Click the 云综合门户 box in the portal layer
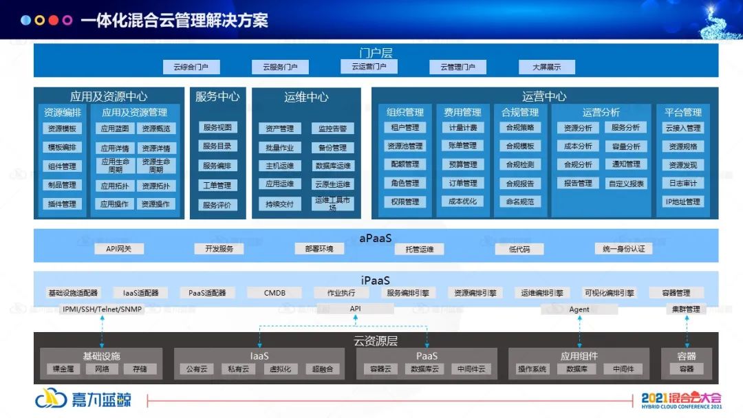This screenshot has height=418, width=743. coord(191,67)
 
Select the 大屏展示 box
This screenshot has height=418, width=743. coord(546,67)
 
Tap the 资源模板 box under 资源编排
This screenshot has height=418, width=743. coord(62,129)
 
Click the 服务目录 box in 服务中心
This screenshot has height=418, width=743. coord(217,146)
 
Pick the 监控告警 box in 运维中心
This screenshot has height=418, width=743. coord(332,129)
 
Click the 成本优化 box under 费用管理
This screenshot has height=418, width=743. coord(462,201)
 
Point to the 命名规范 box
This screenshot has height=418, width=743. coord(519,201)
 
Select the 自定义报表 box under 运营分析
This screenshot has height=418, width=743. coord(626,184)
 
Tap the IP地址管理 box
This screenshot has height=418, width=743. coord(682,202)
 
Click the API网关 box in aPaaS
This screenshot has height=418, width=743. coord(118,249)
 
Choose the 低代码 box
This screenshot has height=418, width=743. coord(519,249)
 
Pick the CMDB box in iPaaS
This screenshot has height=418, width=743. coord(274,293)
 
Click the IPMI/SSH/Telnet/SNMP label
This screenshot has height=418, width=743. coord(102,309)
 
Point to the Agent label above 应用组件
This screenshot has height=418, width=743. coord(579,309)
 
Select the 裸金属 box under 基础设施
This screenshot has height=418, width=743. coord(63,369)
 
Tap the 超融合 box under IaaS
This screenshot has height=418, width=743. coord(322,369)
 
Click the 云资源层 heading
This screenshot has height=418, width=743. coord(376,341)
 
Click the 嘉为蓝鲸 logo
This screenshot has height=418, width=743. coord(83,399)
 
